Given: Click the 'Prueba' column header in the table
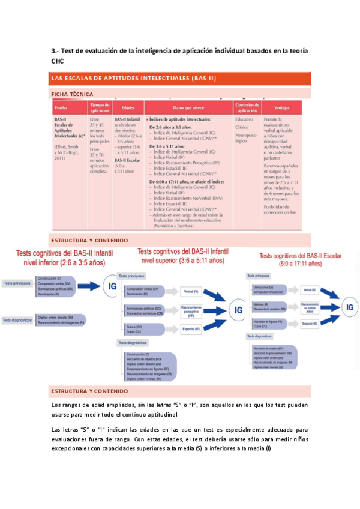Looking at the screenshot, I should click(61, 108).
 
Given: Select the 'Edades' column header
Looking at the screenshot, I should click(127, 108).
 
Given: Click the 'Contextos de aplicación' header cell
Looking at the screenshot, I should click(247, 108).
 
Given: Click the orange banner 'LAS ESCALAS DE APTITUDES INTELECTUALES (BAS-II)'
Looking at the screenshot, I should click(180, 79).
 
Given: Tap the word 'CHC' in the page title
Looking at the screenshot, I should click(57, 61).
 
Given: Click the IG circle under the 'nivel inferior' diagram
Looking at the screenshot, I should click(112, 287).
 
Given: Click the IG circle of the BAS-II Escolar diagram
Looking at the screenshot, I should click(350, 307).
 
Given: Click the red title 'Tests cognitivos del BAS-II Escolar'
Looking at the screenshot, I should click(300, 259).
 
